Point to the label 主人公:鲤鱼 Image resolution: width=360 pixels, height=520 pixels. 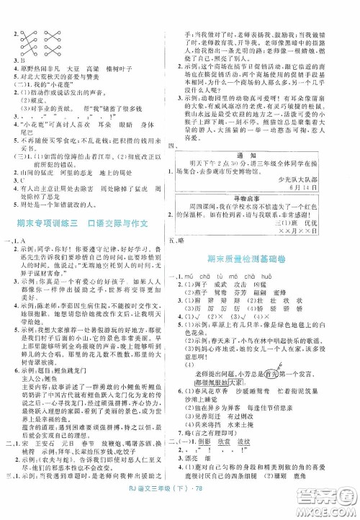[x=48, y=384]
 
